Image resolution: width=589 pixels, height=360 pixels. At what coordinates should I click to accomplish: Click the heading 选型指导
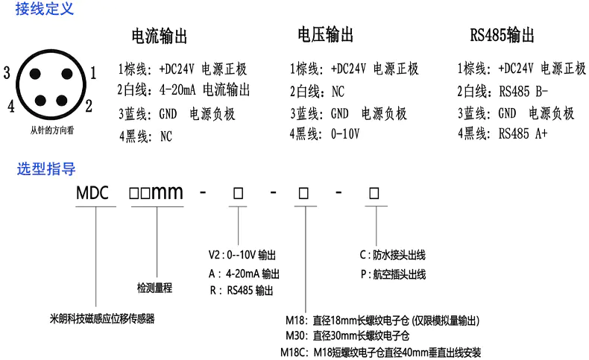46,168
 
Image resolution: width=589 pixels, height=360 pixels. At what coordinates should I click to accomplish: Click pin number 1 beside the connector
93,72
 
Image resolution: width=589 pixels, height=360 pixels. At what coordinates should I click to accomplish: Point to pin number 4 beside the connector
10,106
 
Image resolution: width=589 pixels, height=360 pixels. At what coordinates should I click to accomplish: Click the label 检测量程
154,287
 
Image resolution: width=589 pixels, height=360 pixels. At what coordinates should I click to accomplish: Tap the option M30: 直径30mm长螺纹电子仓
348,336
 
